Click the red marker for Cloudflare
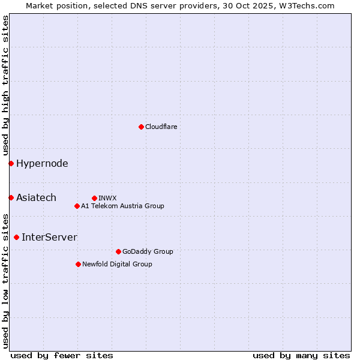click(x=141, y=127)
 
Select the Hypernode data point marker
click(x=11, y=163)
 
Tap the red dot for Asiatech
click(x=11, y=197)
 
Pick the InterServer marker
click(x=16, y=237)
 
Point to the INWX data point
click(x=94, y=198)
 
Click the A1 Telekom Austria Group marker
click(x=77, y=206)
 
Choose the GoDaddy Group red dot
click(x=118, y=251)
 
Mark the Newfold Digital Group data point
click(x=78, y=264)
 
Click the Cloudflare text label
click(x=161, y=127)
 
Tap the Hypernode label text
click(x=42, y=163)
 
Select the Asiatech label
click(x=36, y=197)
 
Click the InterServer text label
click(x=49, y=237)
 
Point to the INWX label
click(x=107, y=198)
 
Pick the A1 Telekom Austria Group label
click(x=122, y=206)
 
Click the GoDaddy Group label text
click(x=148, y=251)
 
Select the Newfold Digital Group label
click(x=117, y=264)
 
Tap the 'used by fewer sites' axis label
click(x=62, y=355)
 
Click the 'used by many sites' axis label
click(x=301, y=355)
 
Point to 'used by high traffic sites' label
click(x=5, y=85)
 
